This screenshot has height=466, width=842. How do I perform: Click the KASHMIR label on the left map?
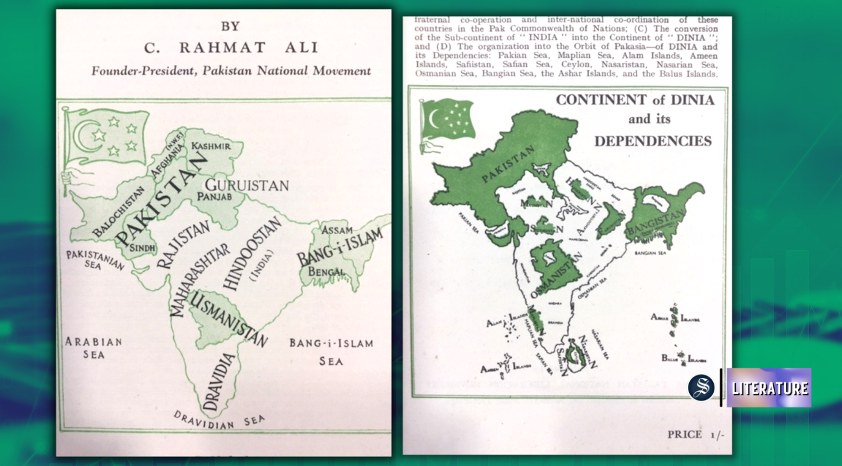(x=210, y=146)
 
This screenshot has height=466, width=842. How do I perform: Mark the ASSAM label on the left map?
(x=337, y=230)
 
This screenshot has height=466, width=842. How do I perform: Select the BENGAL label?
(x=327, y=272)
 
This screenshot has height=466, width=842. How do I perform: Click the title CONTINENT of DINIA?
(x=635, y=100)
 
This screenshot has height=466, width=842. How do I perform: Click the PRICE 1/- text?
(x=696, y=434)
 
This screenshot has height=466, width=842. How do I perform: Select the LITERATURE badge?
(x=769, y=388)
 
